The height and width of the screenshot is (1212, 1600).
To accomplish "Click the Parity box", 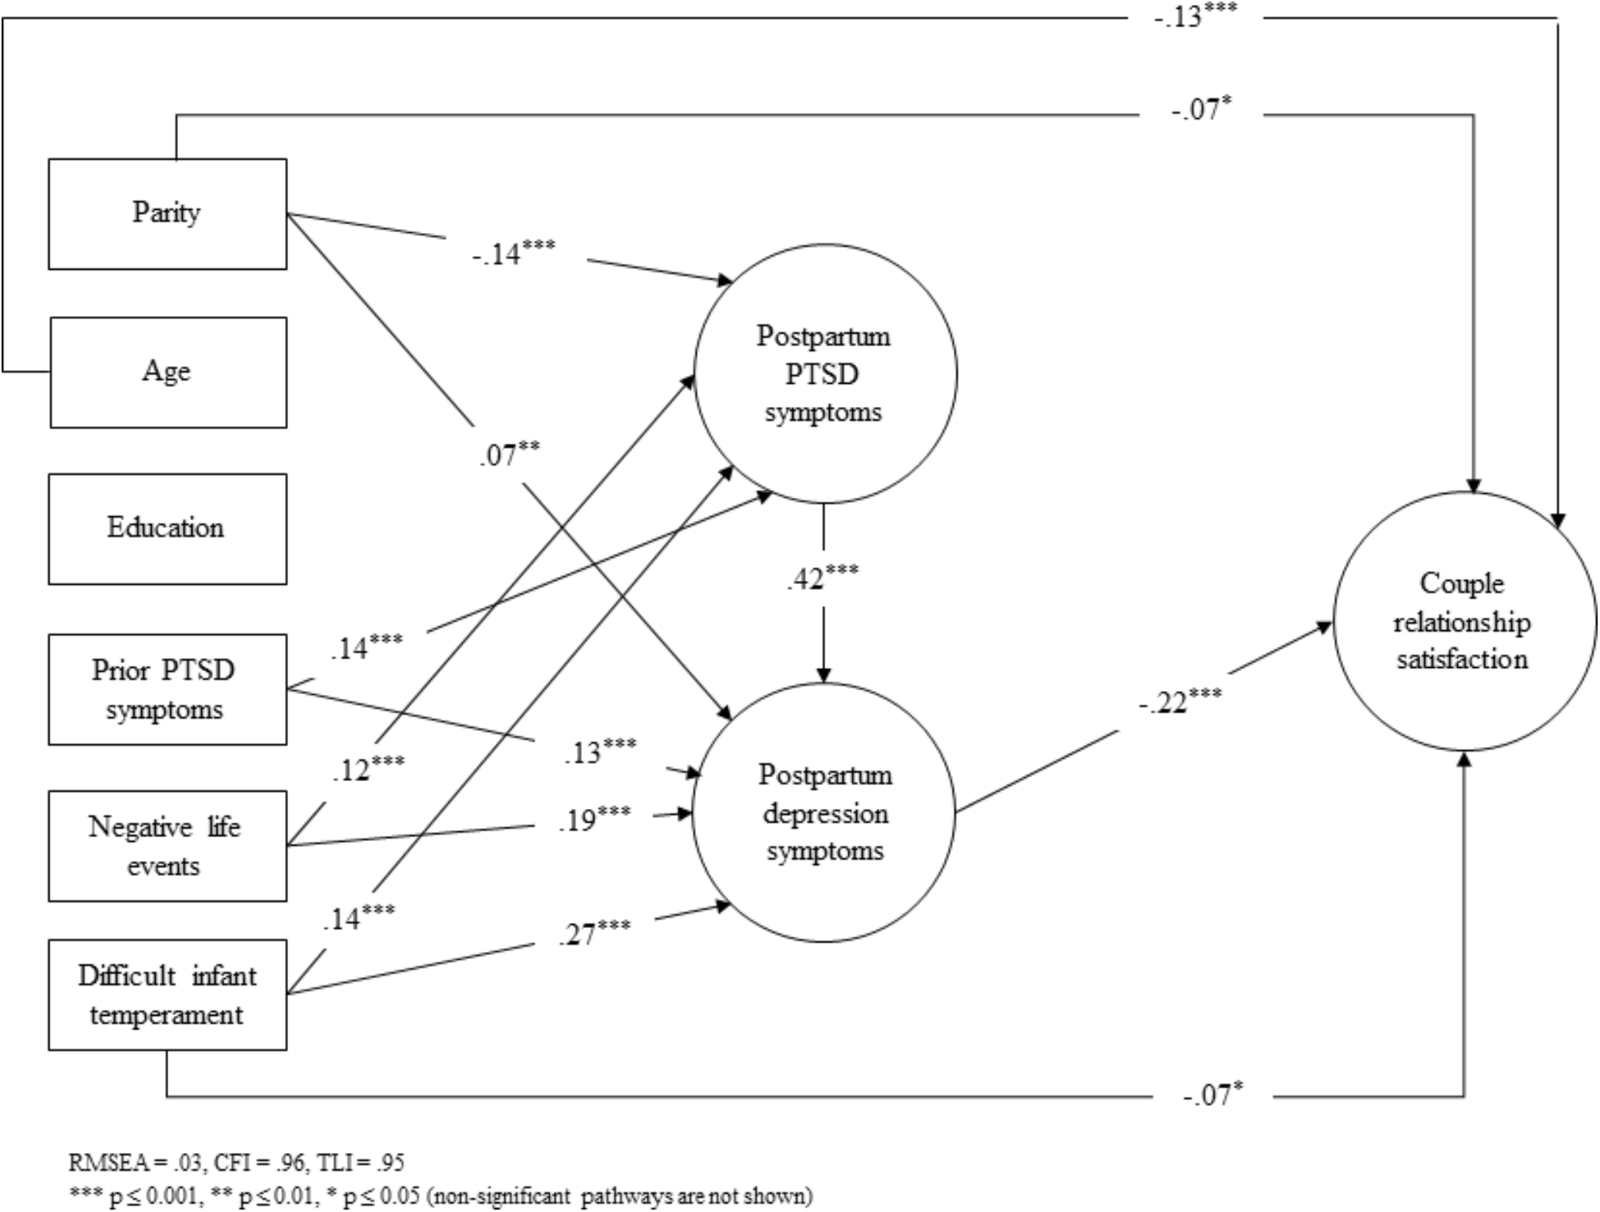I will (x=167, y=213).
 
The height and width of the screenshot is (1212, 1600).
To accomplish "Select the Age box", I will (x=168, y=372).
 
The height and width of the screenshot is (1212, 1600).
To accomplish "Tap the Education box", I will (x=167, y=528).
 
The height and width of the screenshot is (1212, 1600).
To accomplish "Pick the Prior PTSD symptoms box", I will (x=167, y=689).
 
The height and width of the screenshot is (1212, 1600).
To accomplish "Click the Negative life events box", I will (x=167, y=846).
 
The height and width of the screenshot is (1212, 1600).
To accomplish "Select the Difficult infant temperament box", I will (x=167, y=994).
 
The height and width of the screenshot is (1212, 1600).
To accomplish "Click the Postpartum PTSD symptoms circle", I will (x=824, y=373).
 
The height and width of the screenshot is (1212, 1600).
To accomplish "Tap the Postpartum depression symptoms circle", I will (x=824, y=812).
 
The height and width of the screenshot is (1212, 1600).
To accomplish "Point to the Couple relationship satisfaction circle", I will (x=1463, y=622).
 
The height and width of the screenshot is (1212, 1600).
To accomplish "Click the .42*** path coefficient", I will (x=822, y=577).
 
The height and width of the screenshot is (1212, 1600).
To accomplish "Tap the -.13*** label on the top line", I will (x=1195, y=16).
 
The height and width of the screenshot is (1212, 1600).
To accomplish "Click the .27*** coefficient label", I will (x=594, y=932).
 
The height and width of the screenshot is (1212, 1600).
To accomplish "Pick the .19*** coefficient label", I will (x=594, y=819).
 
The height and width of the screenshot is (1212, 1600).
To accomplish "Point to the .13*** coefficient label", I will (x=599, y=751).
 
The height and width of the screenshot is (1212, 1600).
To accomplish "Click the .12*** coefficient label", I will (x=367, y=768).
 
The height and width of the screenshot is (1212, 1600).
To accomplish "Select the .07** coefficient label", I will (x=508, y=453).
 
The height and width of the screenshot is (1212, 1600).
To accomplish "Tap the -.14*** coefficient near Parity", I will (x=512, y=252).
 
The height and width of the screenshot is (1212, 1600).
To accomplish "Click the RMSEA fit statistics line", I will (x=236, y=1162).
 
